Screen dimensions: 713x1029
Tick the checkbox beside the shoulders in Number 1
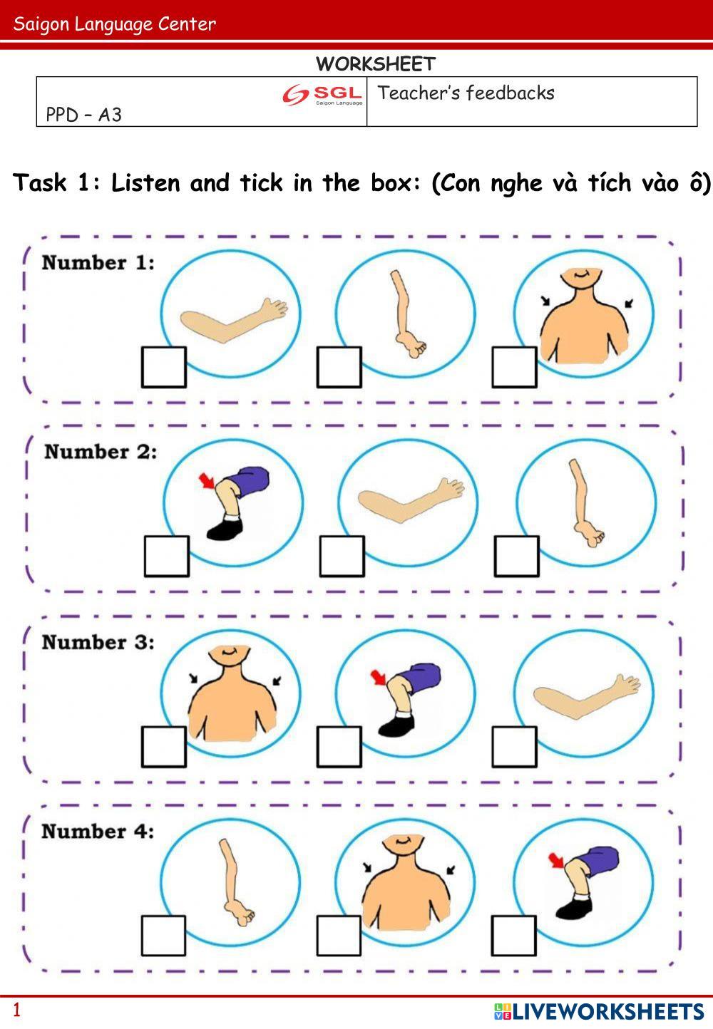tap(514, 368)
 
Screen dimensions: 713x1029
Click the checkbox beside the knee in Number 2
tap(167, 557)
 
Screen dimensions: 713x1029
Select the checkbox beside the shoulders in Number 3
tap(163, 747)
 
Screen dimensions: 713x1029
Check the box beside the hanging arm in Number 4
tap(163, 936)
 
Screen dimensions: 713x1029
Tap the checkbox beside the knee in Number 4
tap(513, 936)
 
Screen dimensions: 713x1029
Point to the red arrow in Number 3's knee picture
tap(378, 676)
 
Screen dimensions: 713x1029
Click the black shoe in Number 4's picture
tap(573, 908)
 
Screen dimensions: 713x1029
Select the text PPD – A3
tap(83, 115)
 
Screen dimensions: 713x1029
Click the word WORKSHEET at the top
tap(375, 64)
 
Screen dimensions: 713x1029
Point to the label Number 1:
tap(98, 263)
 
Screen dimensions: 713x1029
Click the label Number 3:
tap(98, 642)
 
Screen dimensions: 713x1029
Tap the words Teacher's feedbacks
tap(466, 93)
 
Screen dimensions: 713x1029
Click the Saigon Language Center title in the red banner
tap(115, 24)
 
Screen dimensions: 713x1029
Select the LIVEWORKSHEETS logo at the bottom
tap(599, 1011)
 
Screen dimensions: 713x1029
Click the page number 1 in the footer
tap(17, 1010)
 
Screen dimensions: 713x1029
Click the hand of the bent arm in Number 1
tap(274, 309)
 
